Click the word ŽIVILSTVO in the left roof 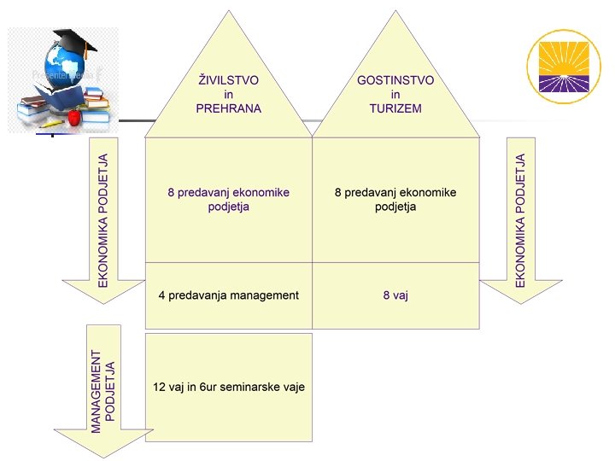pos(228,80)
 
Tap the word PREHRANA pos(228,109)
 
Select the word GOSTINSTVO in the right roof pos(395,80)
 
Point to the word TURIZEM pos(395,109)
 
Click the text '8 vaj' pos(395,295)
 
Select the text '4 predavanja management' pos(228,295)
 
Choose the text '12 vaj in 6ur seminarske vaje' pos(228,387)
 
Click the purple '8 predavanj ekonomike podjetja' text pos(228,200)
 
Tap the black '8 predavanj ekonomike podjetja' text pos(395,200)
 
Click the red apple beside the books pos(74,115)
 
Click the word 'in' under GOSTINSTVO pos(395,95)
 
